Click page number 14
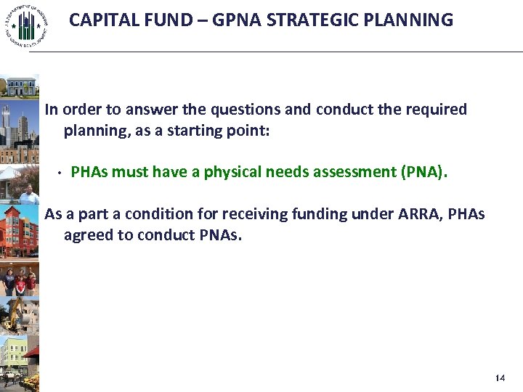point(499,378)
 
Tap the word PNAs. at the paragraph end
point(218,235)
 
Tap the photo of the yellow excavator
point(20,312)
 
